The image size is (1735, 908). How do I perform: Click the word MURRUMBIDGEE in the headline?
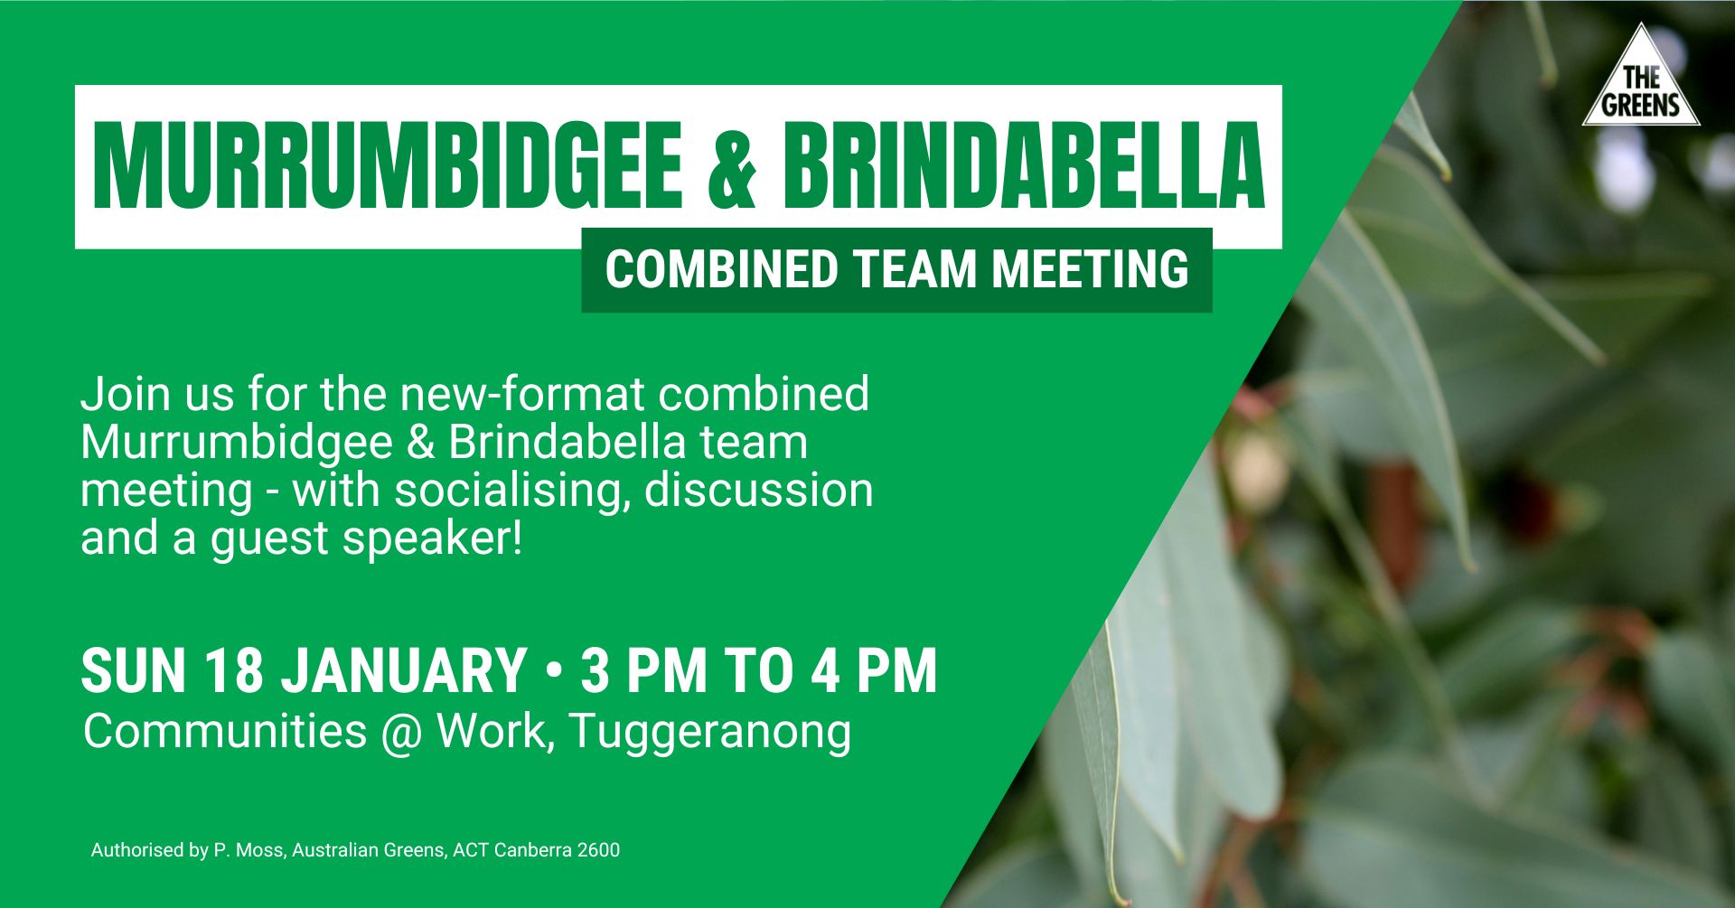click(x=387, y=167)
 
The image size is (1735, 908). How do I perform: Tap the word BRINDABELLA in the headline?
click(x=1023, y=167)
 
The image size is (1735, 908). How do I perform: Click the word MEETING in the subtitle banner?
click(x=1090, y=269)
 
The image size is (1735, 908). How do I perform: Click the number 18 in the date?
click(x=233, y=670)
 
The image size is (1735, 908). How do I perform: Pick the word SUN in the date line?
click(x=133, y=670)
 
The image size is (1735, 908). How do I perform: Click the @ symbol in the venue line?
click(x=401, y=732)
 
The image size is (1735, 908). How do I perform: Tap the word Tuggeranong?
click(x=710, y=732)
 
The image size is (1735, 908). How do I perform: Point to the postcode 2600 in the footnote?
click(x=598, y=850)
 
